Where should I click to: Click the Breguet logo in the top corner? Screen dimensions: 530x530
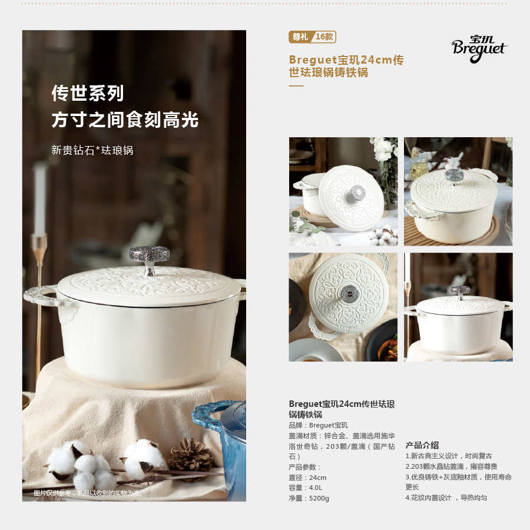click(479, 49)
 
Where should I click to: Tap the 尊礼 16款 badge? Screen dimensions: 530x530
click(312, 37)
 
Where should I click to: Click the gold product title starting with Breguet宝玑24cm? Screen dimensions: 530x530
click(346, 66)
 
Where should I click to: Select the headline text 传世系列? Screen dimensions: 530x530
click(88, 93)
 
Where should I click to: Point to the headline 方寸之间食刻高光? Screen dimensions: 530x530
click(125, 120)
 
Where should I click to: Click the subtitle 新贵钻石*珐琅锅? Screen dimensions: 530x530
click(92, 150)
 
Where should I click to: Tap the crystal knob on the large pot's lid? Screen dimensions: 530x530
click(150, 260)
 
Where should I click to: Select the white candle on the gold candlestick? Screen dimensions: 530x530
click(40, 200)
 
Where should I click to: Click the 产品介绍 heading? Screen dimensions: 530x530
click(422, 445)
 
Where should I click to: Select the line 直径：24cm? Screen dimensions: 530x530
click(307, 478)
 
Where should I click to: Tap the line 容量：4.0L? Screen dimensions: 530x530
click(305, 488)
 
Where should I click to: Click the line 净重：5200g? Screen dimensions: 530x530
click(309, 498)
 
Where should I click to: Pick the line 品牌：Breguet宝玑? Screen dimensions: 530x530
click(318, 425)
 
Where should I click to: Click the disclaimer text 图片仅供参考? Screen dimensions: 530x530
click(52, 493)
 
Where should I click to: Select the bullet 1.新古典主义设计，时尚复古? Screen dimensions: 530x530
click(449, 456)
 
